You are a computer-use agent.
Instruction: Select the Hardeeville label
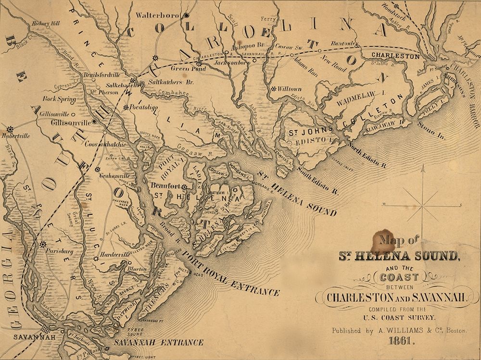click(113, 254)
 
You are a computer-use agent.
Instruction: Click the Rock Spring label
click(59, 99)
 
